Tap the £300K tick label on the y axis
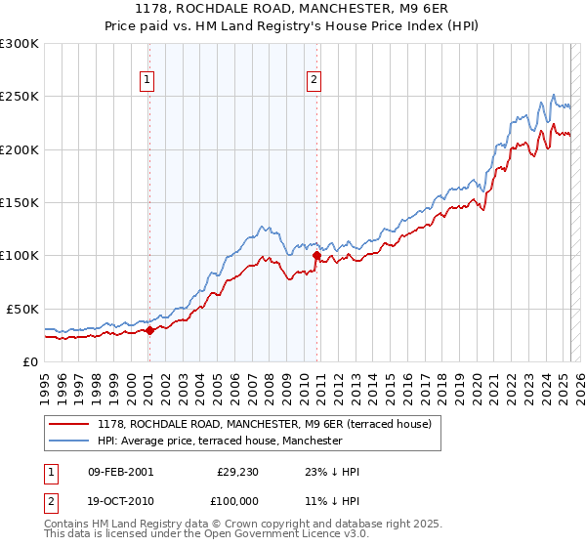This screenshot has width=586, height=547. point(20,44)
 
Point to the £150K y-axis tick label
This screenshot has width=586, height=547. point(20,202)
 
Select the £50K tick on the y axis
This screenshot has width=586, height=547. point(22,309)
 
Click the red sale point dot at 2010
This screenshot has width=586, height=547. point(317,257)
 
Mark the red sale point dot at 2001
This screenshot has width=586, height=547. point(149,330)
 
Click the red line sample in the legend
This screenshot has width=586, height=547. point(68,424)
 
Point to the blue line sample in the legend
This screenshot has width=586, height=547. point(68,441)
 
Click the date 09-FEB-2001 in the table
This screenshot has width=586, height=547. point(120,472)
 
